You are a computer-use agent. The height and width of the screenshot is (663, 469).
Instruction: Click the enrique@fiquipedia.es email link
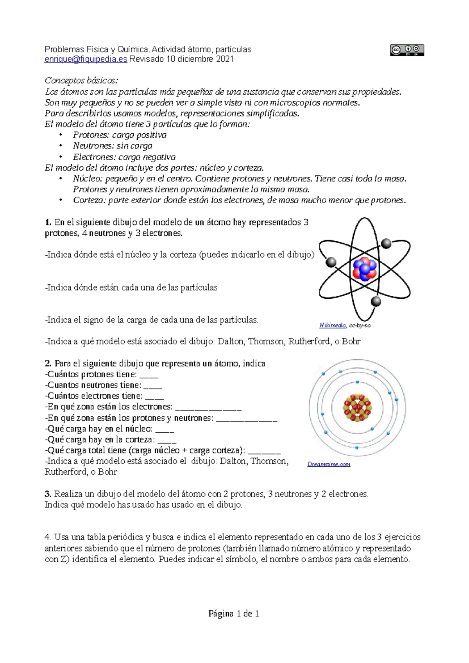[x=86, y=59]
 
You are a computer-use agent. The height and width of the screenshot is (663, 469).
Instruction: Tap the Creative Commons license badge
[x=406, y=50]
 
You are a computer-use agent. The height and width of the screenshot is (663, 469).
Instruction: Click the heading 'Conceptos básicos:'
[x=81, y=81]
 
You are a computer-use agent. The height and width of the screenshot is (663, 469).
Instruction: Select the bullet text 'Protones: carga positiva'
[x=120, y=135]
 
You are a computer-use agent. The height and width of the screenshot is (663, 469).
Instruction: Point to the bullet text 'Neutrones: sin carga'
[x=113, y=146]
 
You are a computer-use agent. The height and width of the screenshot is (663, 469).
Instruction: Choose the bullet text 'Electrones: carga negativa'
[x=124, y=157]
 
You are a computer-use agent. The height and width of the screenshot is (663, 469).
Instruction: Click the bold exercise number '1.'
[x=48, y=222]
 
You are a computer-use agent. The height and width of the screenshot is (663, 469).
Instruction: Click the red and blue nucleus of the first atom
[x=364, y=269]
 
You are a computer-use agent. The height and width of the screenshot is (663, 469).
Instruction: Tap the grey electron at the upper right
[x=386, y=244]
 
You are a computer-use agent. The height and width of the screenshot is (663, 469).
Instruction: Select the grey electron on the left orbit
[x=331, y=262]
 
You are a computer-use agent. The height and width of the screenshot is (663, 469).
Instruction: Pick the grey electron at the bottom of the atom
[x=376, y=301]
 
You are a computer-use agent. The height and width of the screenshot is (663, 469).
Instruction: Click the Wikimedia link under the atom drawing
[x=332, y=325]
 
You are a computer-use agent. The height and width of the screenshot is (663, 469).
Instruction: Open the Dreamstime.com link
[x=329, y=464]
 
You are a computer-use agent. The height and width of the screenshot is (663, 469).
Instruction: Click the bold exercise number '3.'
[x=48, y=494]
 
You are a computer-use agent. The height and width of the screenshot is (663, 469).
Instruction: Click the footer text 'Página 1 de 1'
[x=234, y=614]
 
